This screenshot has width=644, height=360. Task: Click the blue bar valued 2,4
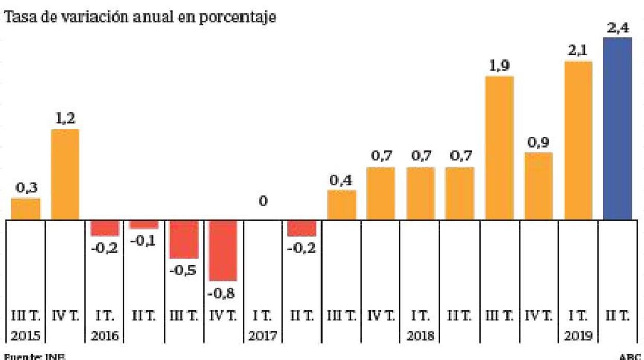(617, 129)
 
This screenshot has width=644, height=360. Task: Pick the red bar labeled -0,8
(222, 251)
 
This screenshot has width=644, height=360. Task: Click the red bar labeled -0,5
(184, 240)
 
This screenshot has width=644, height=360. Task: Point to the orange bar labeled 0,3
(26, 209)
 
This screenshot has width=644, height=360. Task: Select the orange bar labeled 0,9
(539, 186)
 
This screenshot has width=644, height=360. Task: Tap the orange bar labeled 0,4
(342, 205)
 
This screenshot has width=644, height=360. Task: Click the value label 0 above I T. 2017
(263, 201)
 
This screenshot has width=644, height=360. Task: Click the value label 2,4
(617, 28)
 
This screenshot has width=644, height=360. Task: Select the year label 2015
(26, 336)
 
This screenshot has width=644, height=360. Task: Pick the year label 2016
(105, 336)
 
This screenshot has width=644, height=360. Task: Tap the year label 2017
(263, 336)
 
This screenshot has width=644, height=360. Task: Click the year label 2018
(421, 336)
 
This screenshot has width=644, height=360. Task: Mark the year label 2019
(578, 336)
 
